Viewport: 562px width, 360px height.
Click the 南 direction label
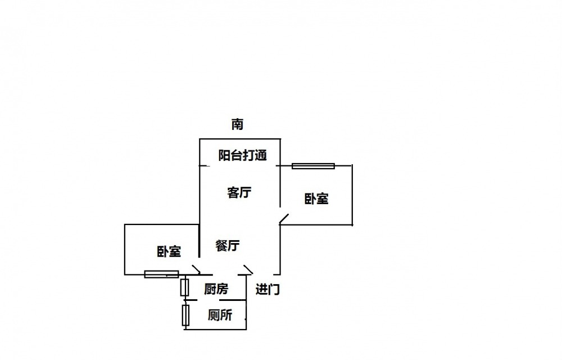coord(237,124)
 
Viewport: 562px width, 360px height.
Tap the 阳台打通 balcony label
coord(242,156)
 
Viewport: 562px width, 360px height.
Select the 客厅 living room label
coord(239,192)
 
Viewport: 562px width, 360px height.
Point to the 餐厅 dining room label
coord(228,245)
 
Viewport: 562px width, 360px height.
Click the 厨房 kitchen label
coord(216,289)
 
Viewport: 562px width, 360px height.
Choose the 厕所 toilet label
coord(220,316)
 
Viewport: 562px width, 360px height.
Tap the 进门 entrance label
coord(268,290)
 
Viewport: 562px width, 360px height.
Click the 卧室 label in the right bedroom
coord(316,199)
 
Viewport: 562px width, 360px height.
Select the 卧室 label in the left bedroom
coord(169,251)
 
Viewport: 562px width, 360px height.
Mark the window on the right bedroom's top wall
coord(313,166)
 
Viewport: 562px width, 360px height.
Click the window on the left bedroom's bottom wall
coord(161,274)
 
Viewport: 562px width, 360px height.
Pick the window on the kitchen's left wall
coord(184,287)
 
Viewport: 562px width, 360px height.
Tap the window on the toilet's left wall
coord(185,315)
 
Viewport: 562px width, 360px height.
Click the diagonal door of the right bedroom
coord(284,219)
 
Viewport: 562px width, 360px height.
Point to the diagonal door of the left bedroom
coord(196,269)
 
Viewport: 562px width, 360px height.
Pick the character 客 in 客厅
coord(233,192)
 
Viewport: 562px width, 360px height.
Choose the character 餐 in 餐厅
coord(221,245)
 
